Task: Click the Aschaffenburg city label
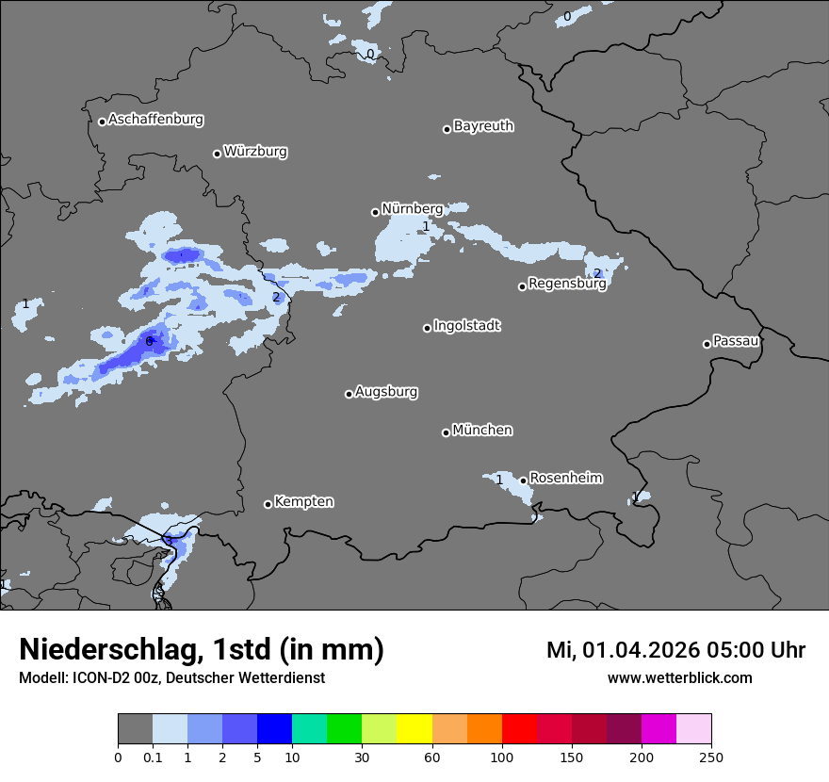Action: [155, 120]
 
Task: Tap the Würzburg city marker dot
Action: [217, 154]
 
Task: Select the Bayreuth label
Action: [483, 125]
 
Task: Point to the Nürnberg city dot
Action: [375, 212]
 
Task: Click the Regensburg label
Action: [567, 283]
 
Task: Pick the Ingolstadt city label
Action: [467, 326]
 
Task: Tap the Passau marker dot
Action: [707, 344]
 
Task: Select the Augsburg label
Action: [386, 391]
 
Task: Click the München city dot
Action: [446, 432]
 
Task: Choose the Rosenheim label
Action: [565, 478]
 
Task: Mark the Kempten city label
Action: [303, 501]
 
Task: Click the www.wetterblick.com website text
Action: [679, 678]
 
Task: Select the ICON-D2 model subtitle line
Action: [171, 678]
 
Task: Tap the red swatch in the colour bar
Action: [519, 729]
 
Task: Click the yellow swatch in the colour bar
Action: [414, 729]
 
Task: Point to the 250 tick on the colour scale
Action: [711, 757]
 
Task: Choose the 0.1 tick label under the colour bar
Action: [153, 757]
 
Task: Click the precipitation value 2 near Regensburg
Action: [596, 273]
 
